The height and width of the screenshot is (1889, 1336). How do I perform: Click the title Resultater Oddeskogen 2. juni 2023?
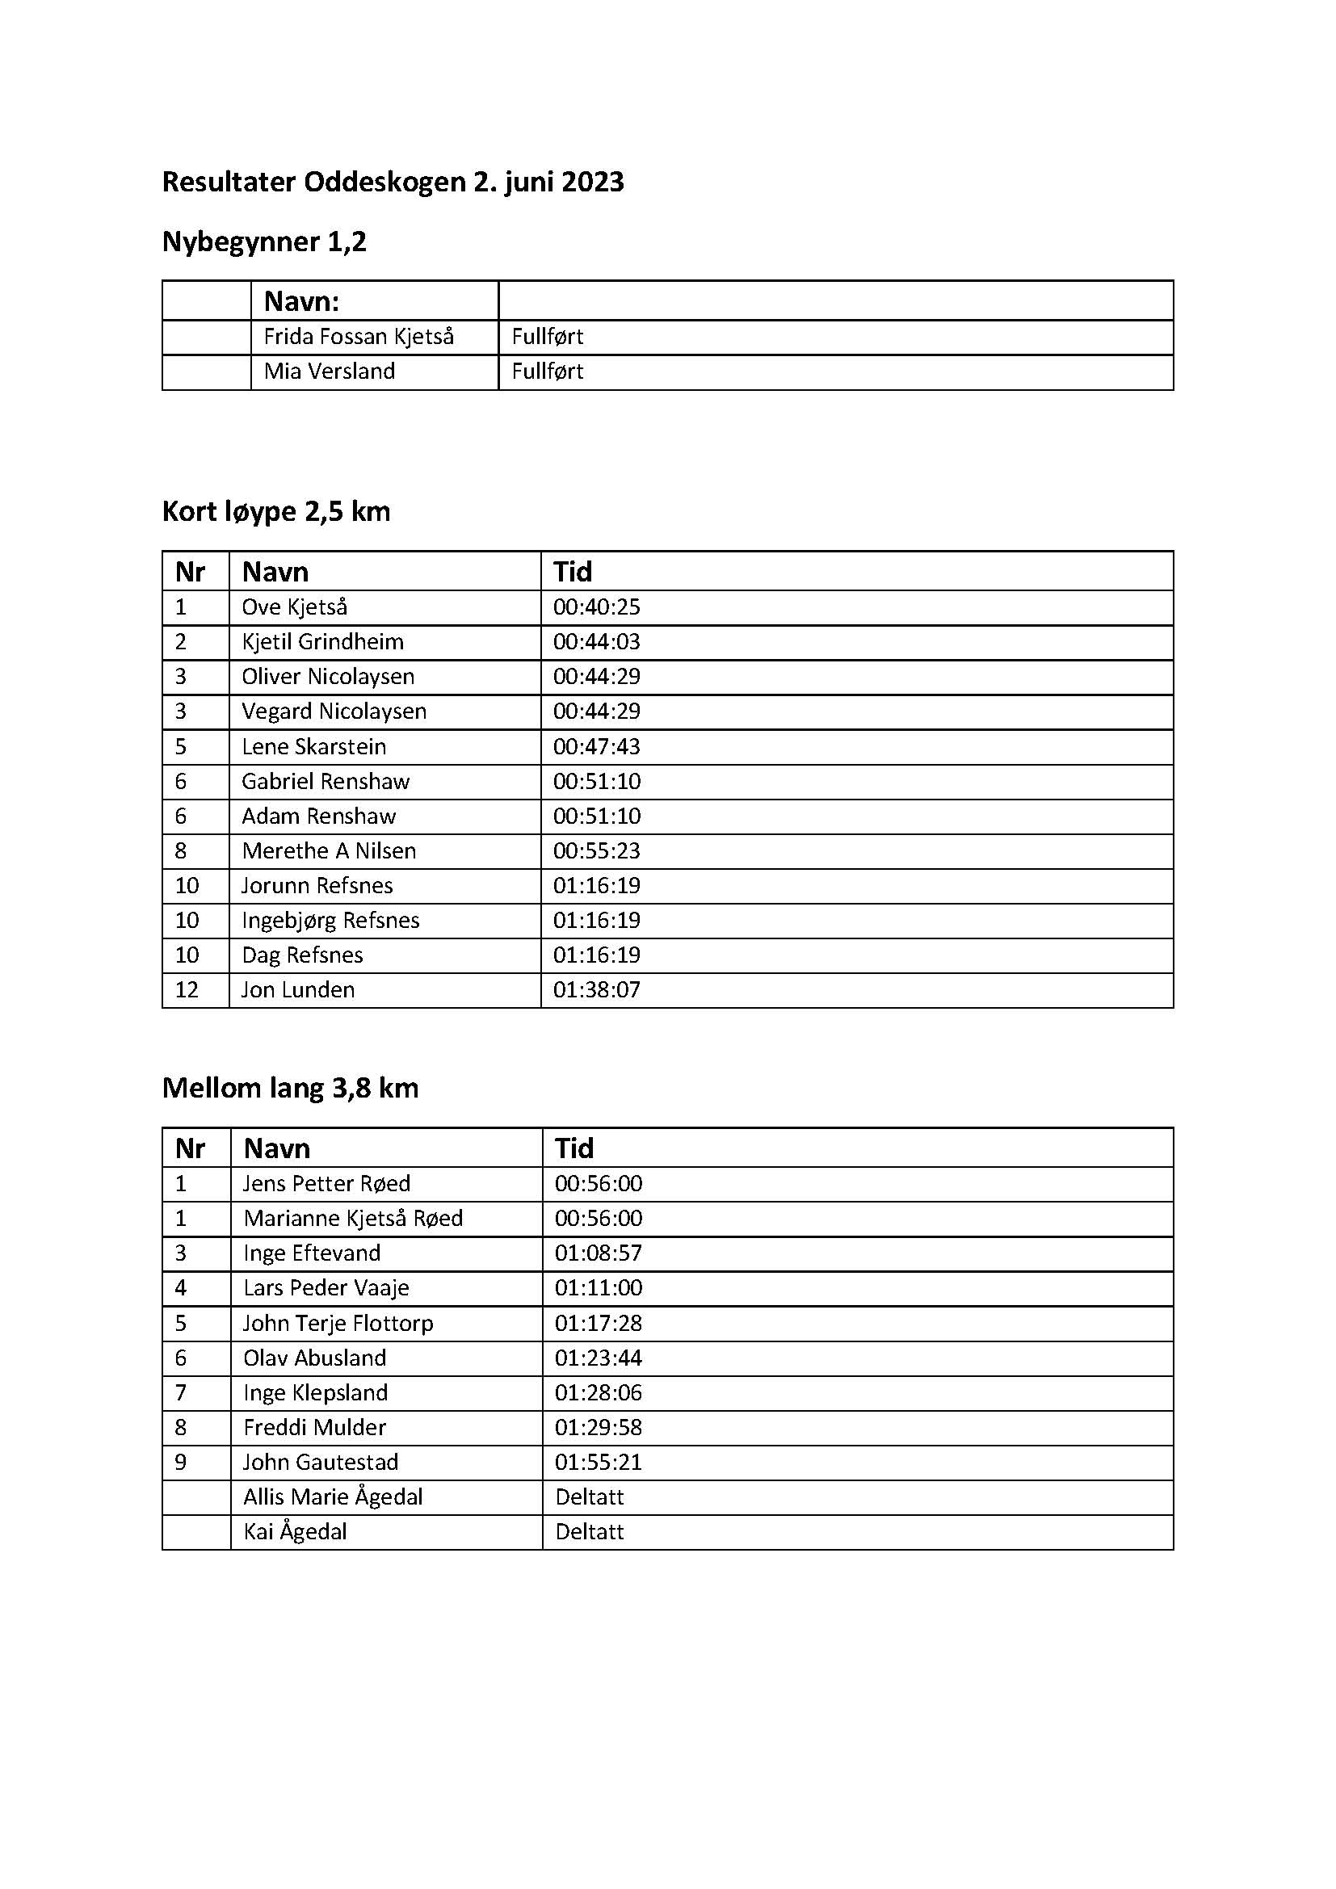coord(393,182)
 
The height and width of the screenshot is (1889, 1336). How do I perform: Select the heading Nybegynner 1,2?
coord(264,242)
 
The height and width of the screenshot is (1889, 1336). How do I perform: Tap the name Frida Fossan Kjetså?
coord(358,337)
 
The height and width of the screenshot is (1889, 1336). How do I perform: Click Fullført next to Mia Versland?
coord(547,372)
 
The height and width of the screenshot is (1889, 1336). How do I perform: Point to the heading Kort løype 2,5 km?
coord(275,512)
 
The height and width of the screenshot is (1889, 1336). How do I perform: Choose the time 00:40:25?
coord(596,607)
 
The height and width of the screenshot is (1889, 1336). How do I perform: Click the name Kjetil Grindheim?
coord(322,642)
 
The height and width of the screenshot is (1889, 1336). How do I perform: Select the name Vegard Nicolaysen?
coord(334,712)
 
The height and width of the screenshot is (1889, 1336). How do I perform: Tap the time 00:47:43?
coord(596,747)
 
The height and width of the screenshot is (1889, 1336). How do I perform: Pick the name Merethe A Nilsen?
coord(329,850)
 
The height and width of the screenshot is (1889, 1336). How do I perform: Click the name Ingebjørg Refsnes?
coord(330,921)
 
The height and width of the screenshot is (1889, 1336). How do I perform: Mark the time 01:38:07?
coord(596,990)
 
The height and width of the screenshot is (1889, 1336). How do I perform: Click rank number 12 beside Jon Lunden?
coord(187,990)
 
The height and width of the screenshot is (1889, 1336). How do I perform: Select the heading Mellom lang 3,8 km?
coord(291,1089)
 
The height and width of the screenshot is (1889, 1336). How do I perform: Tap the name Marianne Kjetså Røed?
coord(353,1219)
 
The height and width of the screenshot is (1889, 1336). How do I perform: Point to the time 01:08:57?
coord(598,1253)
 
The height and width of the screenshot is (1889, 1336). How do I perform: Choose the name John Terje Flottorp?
coord(338,1323)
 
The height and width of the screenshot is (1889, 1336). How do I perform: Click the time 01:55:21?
coord(598,1462)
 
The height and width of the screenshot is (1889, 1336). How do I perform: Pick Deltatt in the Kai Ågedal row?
coord(589,1532)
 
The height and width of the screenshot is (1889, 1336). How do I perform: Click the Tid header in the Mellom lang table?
coord(573,1148)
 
